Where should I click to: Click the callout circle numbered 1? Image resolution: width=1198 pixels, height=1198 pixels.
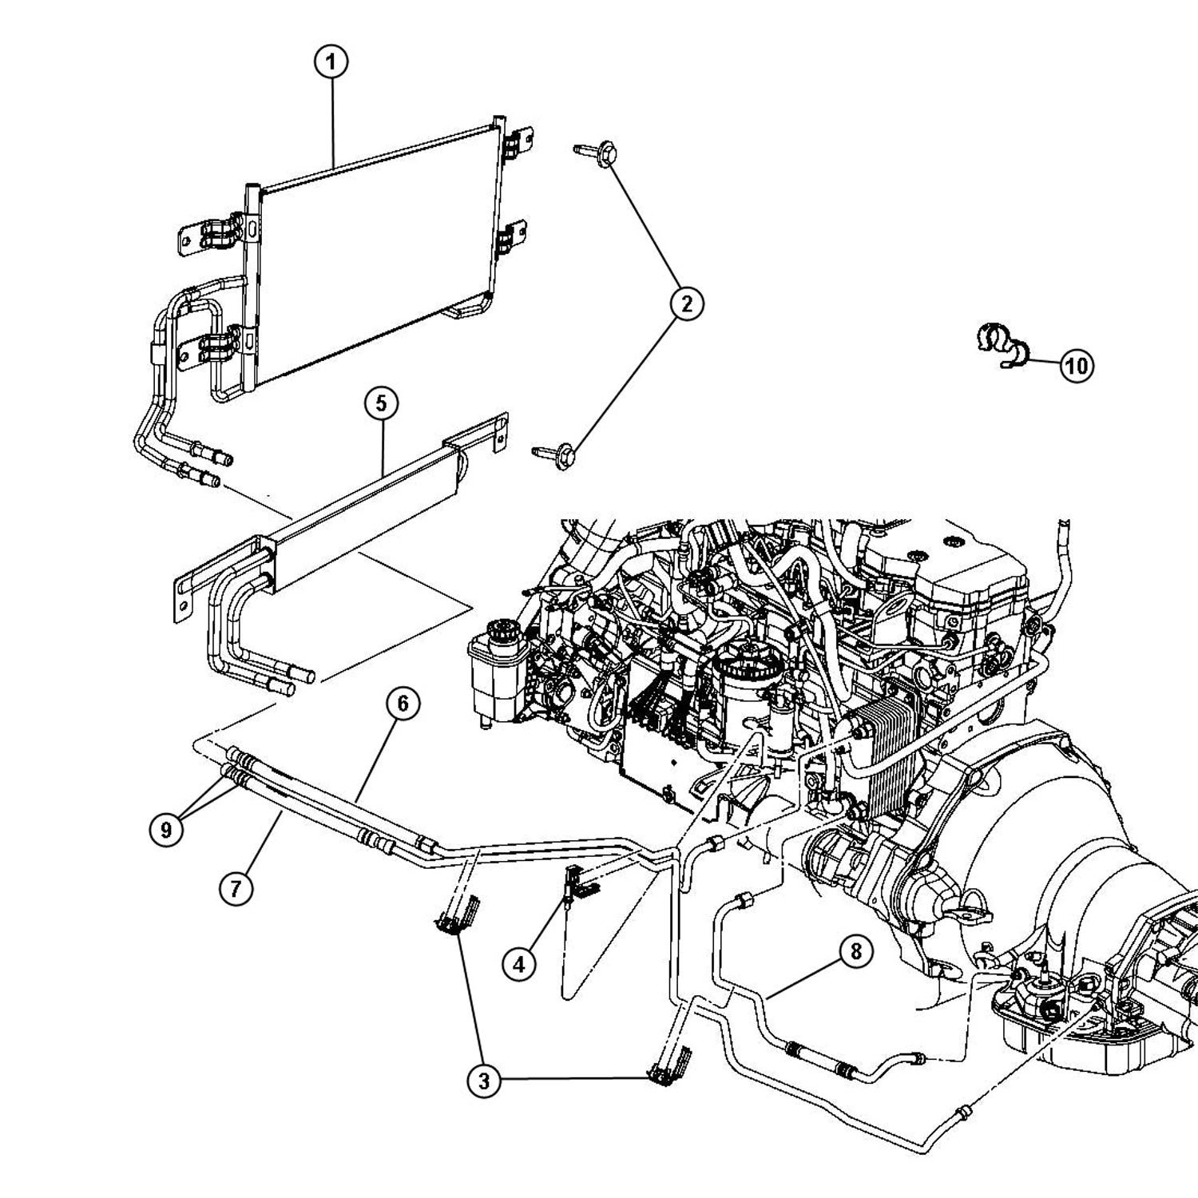(x=331, y=62)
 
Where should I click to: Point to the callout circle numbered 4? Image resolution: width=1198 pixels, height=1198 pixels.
(x=519, y=965)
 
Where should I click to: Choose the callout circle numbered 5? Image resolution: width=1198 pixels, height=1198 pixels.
(x=381, y=403)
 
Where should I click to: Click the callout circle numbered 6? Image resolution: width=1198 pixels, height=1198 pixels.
(x=403, y=703)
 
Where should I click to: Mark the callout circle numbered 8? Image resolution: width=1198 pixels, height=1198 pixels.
(x=855, y=951)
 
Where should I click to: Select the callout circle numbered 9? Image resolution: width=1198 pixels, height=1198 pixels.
(x=166, y=830)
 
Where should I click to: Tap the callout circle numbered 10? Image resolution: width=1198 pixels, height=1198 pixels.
(x=1076, y=366)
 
